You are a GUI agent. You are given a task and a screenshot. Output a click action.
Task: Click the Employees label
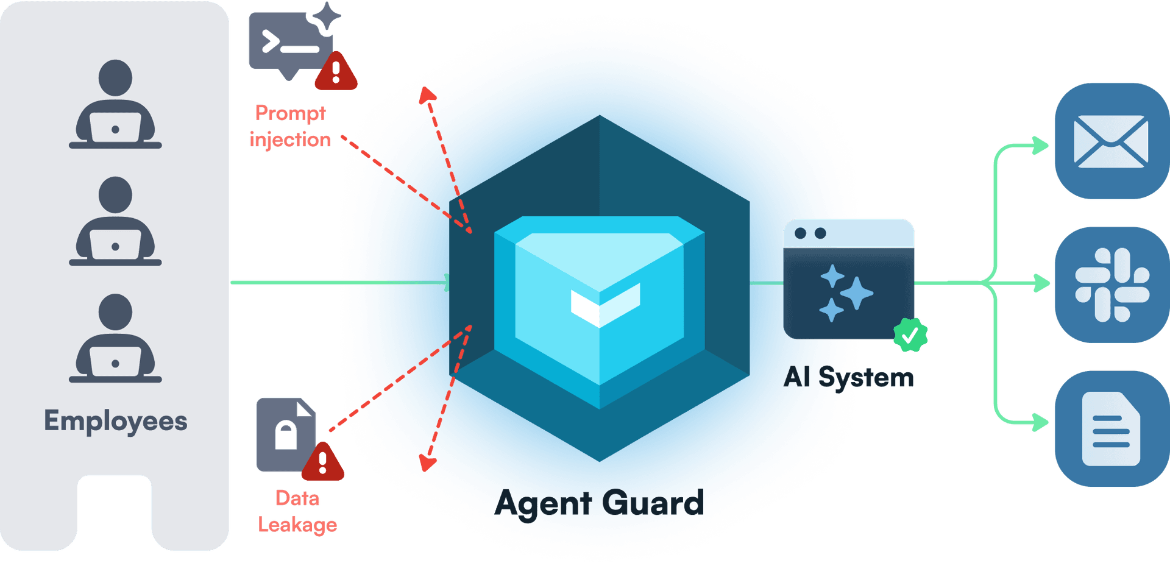pos(115,421)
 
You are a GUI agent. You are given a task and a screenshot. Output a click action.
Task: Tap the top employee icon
pos(115,104)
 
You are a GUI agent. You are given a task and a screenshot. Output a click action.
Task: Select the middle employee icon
pos(115,221)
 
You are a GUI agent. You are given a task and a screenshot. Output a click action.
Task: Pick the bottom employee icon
pos(115,338)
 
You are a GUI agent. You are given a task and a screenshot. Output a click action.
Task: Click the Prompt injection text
pos(290,126)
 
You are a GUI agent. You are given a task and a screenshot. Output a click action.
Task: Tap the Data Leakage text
pos(297,512)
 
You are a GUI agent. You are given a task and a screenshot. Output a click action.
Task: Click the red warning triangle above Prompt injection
pos(336,72)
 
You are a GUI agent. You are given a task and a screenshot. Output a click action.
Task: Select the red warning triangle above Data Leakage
pos(323,462)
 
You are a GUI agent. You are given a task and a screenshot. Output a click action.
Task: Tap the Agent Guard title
pos(599,503)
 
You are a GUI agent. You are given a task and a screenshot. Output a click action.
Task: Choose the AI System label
pos(849,377)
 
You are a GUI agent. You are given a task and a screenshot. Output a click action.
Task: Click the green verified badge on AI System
pos(910,335)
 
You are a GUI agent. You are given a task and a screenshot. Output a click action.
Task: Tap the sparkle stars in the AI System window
pos(846,292)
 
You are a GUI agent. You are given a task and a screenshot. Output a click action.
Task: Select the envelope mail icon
pos(1110,141)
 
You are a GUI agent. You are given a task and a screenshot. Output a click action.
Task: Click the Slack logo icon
pos(1112,285)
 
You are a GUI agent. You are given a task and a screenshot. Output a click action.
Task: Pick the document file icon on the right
pos(1111,429)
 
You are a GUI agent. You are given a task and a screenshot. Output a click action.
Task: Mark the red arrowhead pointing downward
pos(427,464)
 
